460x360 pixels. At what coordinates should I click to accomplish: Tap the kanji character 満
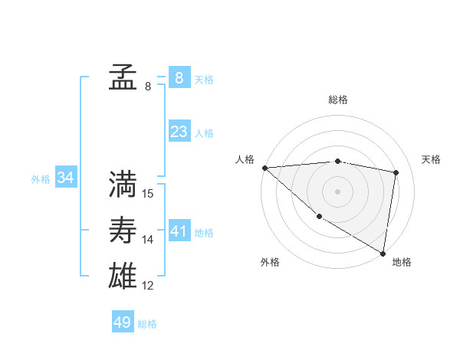coord(123,185)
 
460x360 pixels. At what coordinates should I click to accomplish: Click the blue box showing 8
coord(179,77)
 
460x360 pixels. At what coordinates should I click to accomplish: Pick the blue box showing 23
coord(179,131)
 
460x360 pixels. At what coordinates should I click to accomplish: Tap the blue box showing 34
coord(66,178)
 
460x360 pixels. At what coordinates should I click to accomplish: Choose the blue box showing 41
coord(179,231)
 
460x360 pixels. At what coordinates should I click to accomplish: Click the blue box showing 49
coord(123,322)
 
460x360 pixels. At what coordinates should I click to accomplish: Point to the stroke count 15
coord(148,194)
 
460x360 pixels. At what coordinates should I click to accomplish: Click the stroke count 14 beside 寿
coord(148,240)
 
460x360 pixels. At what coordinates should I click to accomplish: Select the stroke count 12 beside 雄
coord(148,286)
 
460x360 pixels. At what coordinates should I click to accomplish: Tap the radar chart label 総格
coord(338,100)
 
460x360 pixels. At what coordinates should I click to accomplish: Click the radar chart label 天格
coord(431,159)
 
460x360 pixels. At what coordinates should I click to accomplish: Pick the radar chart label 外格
coord(270,262)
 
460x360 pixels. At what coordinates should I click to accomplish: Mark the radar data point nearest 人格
coord(264,168)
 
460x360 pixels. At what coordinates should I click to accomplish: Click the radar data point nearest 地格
coord(383,252)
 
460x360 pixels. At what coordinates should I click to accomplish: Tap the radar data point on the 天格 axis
coord(396,172)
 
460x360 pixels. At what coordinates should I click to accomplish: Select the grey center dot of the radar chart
coord(338,191)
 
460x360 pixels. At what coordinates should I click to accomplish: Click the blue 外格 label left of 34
coord(41,179)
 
